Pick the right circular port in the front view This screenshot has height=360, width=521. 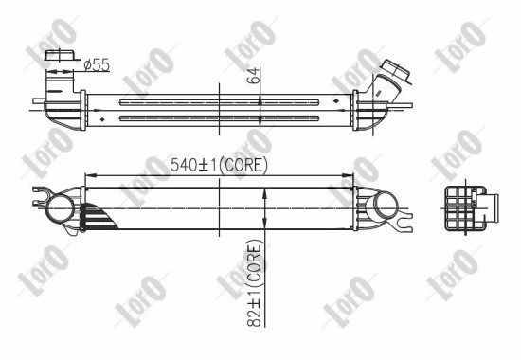coord(384,206)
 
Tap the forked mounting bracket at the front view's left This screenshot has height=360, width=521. coord(40,198)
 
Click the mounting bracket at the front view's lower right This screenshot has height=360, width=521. coord(404,225)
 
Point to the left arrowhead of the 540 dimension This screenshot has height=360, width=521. coord(89,174)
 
